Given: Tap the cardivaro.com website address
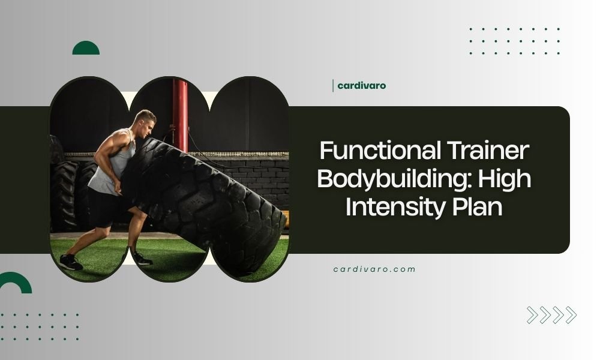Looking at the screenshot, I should (x=374, y=269).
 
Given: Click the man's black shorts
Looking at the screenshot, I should (x=105, y=207).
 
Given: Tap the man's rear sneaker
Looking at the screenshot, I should (x=71, y=262).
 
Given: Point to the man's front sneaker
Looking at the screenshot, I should (x=142, y=259).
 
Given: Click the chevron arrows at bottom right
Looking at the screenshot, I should (x=551, y=315).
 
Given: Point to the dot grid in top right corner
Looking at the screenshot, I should (x=515, y=41).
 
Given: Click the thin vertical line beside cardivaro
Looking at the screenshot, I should (x=333, y=86).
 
